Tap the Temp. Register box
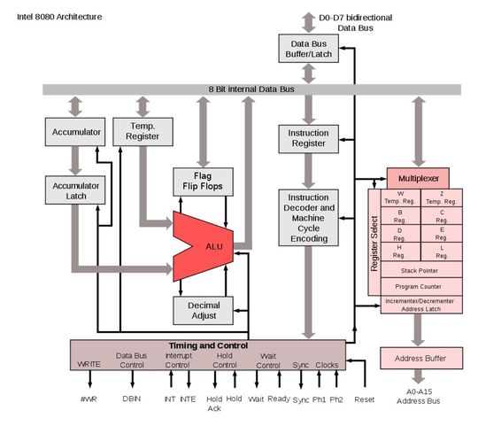(x=142, y=132)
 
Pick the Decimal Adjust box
(x=202, y=311)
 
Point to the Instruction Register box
(x=309, y=137)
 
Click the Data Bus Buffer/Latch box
(x=309, y=50)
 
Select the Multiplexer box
(x=419, y=178)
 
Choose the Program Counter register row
(x=420, y=286)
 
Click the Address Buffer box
(x=420, y=359)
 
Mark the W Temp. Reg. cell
(x=400, y=198)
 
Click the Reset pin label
(x=364, y=399)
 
